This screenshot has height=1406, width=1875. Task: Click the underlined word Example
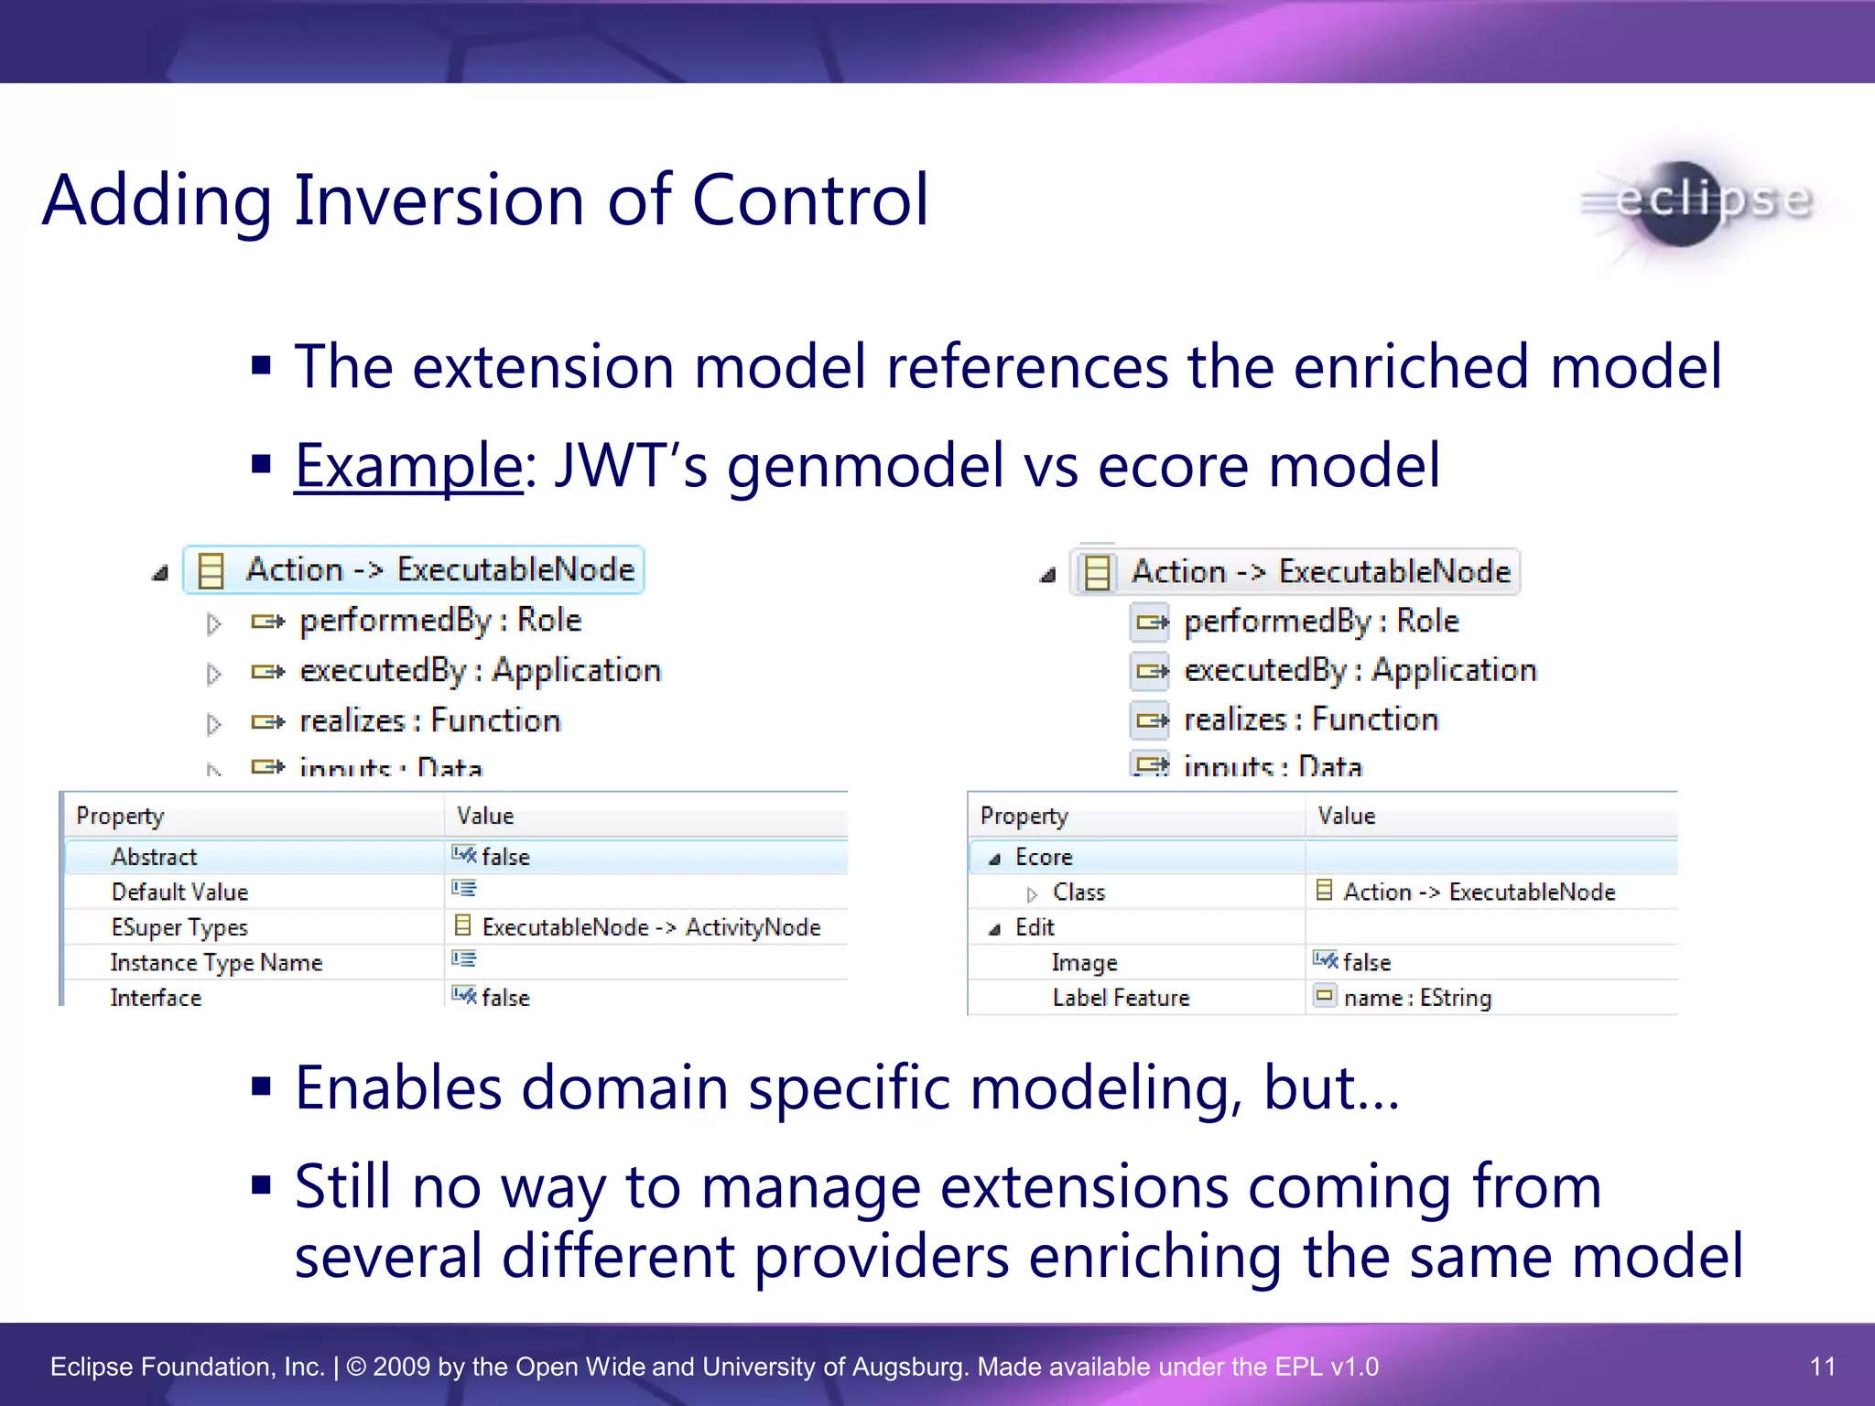click(x=408, y=465)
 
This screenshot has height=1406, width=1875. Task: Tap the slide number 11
click(x=1822, y=1367)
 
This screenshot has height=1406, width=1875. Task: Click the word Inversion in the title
click(x=439, y=200)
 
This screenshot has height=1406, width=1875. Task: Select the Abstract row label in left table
click(x=154, y=857)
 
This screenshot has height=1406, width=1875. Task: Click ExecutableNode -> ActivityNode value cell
click(x=650, y=927)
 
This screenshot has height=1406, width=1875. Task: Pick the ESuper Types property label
click(x=179, y=927)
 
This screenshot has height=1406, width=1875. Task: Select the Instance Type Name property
click(x=216, y=963)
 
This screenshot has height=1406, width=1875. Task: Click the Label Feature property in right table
click(x=1121, y=998)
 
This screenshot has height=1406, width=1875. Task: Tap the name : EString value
click(x=1416, y=998)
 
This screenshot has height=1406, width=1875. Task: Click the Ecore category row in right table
click(x=1044, y=857)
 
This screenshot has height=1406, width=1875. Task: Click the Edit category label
click(x=1035, y=927)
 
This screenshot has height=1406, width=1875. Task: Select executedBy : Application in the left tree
click(x=480, y=671)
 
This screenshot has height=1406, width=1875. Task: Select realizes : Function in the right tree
click(x=1310, y=720)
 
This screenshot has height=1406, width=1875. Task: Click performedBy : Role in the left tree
click(x=440, y=621)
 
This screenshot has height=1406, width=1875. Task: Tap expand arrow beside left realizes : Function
click(x=213, y=724)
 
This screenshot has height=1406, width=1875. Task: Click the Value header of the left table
click(x=485, y=816)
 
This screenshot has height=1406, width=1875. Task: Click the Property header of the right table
click(x=1024, y=816)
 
